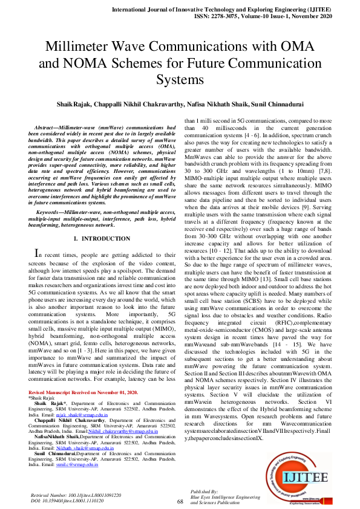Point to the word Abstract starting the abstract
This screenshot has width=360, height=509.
(x=48, y=128)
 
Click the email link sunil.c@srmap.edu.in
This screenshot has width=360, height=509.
(x=82, y=464)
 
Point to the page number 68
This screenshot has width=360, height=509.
(x=180, y=501)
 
